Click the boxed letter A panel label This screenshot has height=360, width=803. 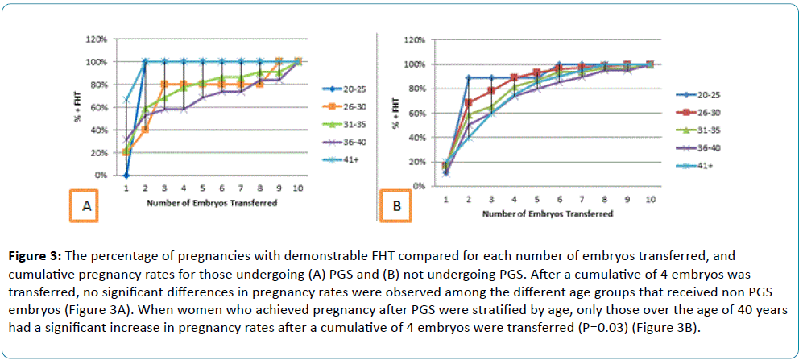85,207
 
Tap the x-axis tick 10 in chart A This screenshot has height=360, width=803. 297,188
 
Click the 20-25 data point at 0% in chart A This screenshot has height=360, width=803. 126,175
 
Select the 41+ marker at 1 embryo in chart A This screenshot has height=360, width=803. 126,99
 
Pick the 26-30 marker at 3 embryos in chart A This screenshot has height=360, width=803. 163,84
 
